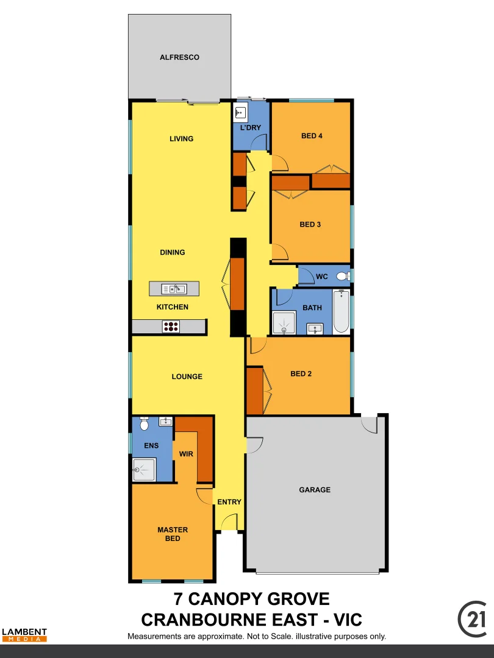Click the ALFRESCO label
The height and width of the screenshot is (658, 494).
click(x=179, y=57)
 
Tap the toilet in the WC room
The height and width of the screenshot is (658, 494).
click(x=342, y=276)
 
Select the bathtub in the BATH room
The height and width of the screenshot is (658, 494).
click(x=342, y=311)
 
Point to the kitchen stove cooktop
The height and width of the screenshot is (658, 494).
click(x=171, y=327)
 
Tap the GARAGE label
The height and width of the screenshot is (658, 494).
click(x=315, y=490)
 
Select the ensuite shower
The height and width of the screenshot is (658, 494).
click(x=145, y=469)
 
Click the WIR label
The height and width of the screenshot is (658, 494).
click(x=186, y=454)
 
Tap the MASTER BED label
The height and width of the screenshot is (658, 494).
click(x=173, y=534)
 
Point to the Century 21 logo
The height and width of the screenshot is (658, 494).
click(x=472, y=619)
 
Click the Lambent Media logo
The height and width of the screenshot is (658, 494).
click(x=24, y=634)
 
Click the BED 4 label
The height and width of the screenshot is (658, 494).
click(x=312, y=136)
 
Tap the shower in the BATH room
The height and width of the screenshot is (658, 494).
click(x=284, y=323)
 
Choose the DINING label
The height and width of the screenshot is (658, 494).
click(x=173, y=252)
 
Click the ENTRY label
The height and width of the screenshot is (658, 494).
click(x=229, y=502)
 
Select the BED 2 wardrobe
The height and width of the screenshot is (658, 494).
click(x=254, y=391)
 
